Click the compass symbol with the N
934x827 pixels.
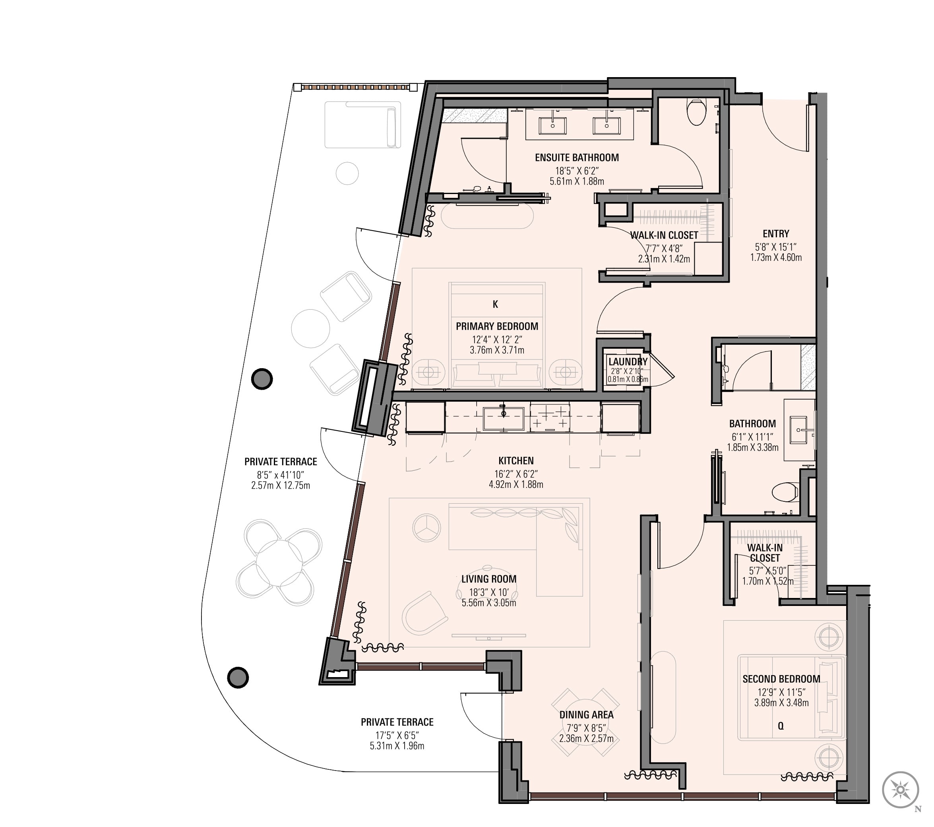(900, 790)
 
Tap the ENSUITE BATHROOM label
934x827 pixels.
(577, 158)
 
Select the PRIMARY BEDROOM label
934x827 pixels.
(497, 326)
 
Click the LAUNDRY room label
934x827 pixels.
(628, 361)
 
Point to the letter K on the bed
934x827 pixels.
(495, 304)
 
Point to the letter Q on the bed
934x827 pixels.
(781, 726)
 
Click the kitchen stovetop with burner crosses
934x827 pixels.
(550, 417)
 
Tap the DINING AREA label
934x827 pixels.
(586, 715)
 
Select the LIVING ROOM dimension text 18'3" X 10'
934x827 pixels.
(488, 592)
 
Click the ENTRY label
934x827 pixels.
(776, 234)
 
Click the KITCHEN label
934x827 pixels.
(516, 461)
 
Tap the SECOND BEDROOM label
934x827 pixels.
(781, 679)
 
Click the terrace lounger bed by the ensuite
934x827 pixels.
(362, 125)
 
